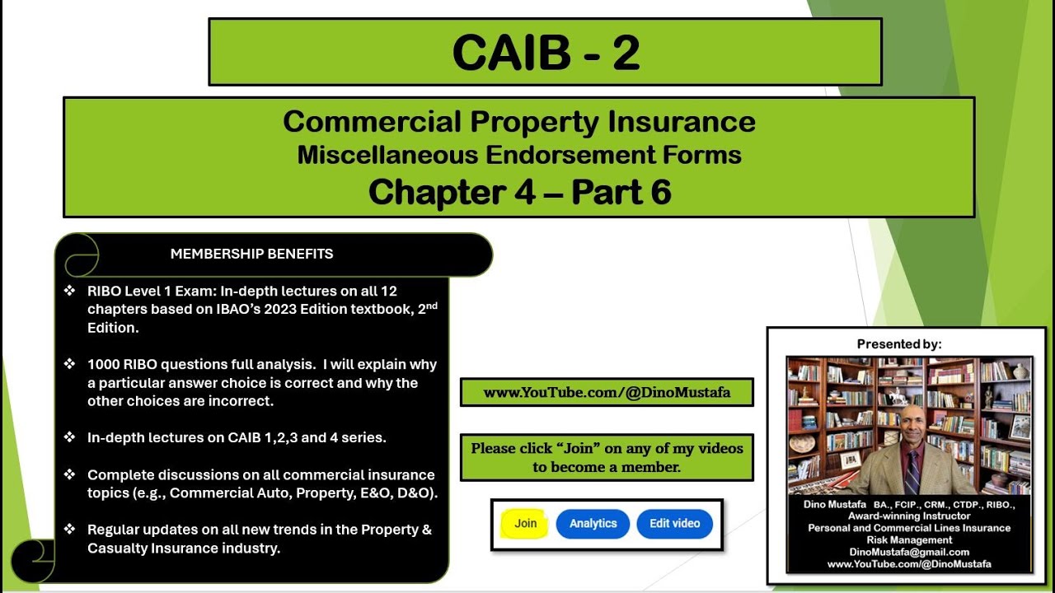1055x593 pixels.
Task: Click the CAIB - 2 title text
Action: click(x=546, y=53)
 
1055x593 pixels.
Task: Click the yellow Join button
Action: click(x=525, y=524)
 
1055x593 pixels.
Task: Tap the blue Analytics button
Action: click(x=593, y=524)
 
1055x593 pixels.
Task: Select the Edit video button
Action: click(x=674, y=524)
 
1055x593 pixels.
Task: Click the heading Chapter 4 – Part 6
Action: click(x=519, y=192)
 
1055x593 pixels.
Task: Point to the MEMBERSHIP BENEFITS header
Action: click(x=251, y=254)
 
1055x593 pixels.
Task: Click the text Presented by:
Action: click(x=899, y=344)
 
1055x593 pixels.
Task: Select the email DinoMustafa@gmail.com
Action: click(x=909, y=552)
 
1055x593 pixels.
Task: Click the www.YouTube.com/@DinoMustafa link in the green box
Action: click(x=607, y=393)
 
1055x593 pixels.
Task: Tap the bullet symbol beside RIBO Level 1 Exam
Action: click(x=69, y=291)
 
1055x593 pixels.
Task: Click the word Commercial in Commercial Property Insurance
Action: click(x=373, y=122)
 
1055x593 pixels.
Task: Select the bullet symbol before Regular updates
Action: click(x=69, y=530)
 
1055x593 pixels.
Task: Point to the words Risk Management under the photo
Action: click(x=909, y=539)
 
